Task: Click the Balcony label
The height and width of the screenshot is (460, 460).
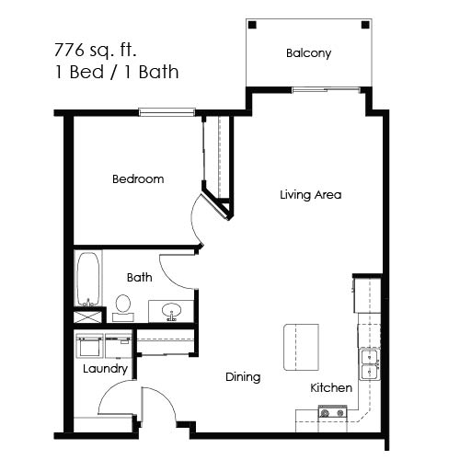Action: click(308, 53)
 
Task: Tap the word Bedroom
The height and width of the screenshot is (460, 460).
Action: click(138, 179)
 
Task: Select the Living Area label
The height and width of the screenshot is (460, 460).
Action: click(311, 195)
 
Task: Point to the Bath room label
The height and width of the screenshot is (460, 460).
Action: click(140, 277)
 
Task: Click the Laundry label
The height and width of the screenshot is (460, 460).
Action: click(104, 370)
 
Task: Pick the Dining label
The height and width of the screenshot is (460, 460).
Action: click(243, 377)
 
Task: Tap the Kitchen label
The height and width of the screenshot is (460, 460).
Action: click(331, 388)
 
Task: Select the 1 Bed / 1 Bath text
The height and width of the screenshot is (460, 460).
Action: click(115, 71)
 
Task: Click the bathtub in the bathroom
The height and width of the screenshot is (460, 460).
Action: click(88, 277)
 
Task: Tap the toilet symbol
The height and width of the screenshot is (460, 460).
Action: click(123, 305)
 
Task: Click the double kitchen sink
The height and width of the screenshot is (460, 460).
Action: click(370, 365)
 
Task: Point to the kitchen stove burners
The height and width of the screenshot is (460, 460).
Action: click(329, 415)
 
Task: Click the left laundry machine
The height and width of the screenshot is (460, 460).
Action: click(89, 348)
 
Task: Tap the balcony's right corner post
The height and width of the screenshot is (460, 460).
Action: click(365, 25)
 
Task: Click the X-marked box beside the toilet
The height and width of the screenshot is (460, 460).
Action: click(88, 316)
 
